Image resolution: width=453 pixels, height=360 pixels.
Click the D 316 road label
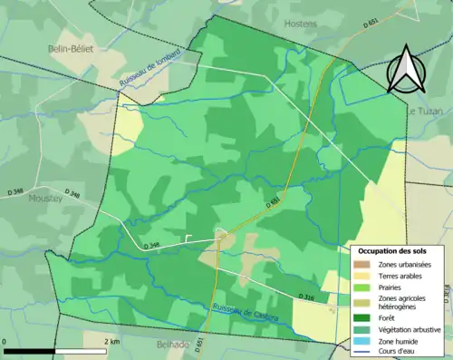tap(306, 297)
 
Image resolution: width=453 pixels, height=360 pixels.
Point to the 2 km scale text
tap(111, 341)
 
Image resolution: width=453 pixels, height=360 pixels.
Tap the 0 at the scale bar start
tap(5, 341)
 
